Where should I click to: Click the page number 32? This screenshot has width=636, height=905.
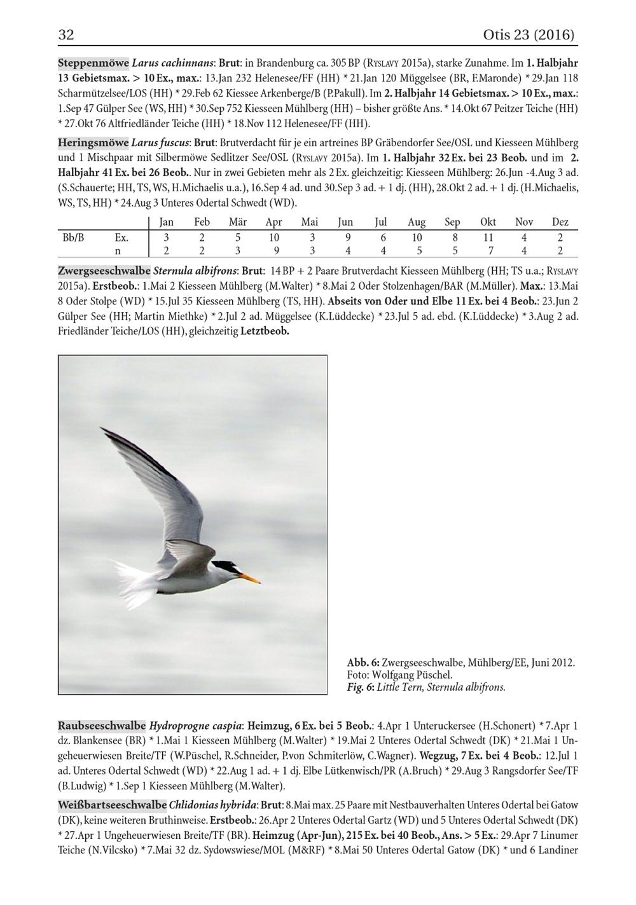(x=66, y=34)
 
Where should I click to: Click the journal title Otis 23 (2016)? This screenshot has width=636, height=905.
(x=529, y=34)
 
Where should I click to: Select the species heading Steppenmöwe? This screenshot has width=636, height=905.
(x=93, y=64)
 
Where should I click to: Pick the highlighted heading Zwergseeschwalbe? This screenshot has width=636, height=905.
(x=104, y=270)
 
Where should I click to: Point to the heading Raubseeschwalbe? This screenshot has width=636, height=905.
(x=102, y=725)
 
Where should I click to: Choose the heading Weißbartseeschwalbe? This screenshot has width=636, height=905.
(x=112, y=805)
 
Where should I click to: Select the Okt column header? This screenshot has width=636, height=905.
(x=488, y=222)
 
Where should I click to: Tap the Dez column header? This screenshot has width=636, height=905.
(x=560, y=222)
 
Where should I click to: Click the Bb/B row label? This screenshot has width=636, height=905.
(x=73, y=238)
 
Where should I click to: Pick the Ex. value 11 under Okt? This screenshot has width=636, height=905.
(x=488, y=238)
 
